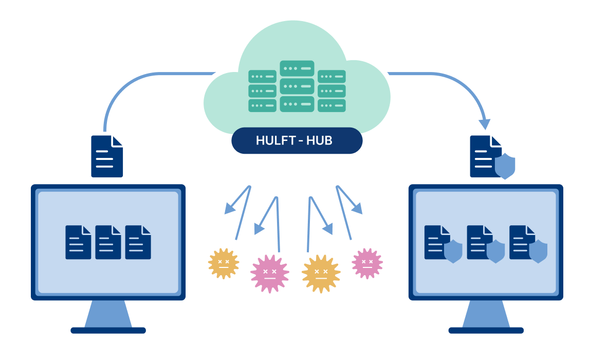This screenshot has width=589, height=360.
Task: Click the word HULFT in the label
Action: [274, 140]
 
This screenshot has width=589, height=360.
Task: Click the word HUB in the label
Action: [319, 140]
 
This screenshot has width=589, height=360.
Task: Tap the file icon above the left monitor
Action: [107, 156]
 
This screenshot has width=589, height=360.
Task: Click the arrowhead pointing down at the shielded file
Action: [484, 124]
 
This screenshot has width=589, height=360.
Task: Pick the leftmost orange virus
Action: [224, 263]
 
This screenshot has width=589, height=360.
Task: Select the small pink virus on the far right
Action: [367, 263]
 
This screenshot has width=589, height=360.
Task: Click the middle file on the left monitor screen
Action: [108, 242]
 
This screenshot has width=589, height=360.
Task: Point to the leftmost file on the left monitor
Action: [78, 242]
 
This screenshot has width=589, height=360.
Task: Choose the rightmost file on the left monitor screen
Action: [138, 242]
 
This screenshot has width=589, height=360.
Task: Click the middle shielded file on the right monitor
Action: [480, 242]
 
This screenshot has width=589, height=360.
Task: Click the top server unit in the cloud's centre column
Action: [297, 68]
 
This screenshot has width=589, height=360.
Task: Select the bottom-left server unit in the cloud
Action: [262, 105]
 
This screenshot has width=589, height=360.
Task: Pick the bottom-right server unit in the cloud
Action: [332, 105]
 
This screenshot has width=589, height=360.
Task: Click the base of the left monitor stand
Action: [108, 330]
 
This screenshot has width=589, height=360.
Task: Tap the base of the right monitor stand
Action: [486, 330]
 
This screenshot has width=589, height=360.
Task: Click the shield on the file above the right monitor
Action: [505, 166]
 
